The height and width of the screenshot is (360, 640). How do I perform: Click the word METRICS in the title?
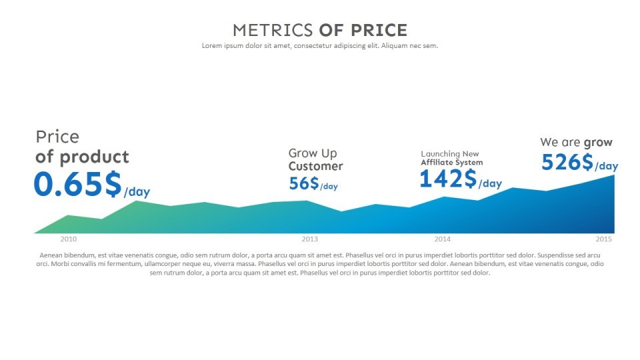click(273, 30)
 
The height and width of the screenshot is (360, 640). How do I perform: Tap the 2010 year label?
click(69, 239)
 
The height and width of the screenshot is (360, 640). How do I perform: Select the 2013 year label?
click(309, 239)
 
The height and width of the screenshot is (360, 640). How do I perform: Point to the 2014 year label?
click(442, 239)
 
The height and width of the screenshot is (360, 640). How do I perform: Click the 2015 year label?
click(604, 239)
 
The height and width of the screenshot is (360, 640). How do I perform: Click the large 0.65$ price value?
click(77, 184)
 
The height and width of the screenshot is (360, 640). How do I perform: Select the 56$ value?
click(303, 183)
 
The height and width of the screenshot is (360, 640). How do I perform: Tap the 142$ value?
click(448, 179)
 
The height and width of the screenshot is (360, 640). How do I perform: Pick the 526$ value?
click(567, 162)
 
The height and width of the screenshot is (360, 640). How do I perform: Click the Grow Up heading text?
click(313, 153)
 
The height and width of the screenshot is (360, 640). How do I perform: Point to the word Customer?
click(315, 167)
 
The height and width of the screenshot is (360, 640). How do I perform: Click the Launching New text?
click(449, 154)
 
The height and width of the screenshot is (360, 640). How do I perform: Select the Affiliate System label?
click(451, 163)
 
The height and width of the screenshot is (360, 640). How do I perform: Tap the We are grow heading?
click(576, 142)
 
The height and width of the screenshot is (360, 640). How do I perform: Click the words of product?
click(82, 157)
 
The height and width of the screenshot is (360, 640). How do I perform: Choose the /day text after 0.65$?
click(137, 192)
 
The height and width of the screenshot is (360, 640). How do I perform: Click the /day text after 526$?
click(606, 166)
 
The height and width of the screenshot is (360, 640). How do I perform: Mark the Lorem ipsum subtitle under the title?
click(320, 46)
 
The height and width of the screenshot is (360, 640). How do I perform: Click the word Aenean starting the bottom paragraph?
click(51, 255)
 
